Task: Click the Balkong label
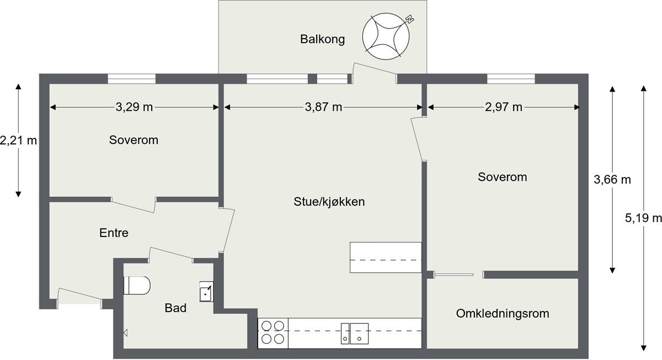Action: [322, 39]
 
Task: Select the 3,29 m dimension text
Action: [134, 107]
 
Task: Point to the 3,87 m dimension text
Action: [323, 107]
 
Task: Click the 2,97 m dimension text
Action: [503, 107]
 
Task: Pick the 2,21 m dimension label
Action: [18, 140]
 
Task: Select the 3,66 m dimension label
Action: [612, 179]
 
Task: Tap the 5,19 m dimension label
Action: [643, 218]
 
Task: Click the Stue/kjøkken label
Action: [329, 202]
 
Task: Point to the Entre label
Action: [114, 233]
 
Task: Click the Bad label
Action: [175, 308]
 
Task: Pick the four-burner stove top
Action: [273, 332]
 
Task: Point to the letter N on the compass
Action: [409, 20]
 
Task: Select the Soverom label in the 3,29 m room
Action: [134, 140]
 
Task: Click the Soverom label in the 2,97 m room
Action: [502, 178]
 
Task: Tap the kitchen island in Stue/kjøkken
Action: [386, 257]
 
